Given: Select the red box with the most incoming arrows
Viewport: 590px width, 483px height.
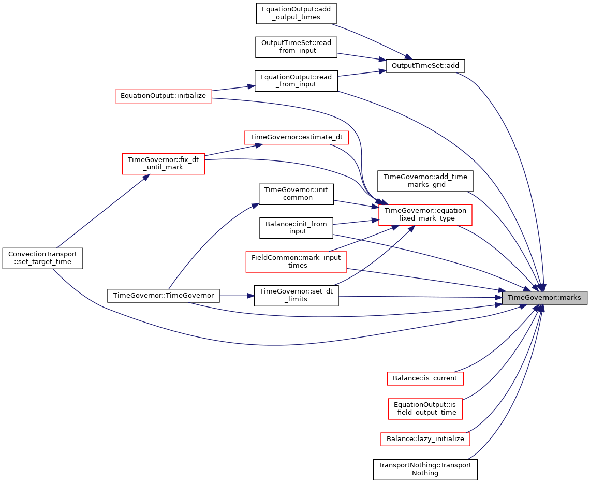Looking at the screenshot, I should tap(425, 215).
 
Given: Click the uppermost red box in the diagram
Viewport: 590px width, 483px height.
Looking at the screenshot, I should tap(163, 96).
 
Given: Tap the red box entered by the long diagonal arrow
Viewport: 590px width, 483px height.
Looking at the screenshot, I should tap(163, 164).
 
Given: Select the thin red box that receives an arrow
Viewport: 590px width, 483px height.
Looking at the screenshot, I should tap(296, 138).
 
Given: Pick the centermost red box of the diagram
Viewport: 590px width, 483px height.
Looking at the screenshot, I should tap(296, 262).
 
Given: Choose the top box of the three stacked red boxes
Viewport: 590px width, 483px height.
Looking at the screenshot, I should tap(425, 379).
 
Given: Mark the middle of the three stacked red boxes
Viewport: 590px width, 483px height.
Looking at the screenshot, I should tap(425, 409).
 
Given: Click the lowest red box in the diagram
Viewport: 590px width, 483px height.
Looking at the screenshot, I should tap(425, 440).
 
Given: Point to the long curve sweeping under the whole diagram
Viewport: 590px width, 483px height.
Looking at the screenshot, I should tap(279, 345).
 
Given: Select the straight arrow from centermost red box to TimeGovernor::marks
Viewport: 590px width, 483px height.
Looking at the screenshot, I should tap(424, 280).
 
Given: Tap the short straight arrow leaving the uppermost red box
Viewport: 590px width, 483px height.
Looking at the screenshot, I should tap(233, 88).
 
